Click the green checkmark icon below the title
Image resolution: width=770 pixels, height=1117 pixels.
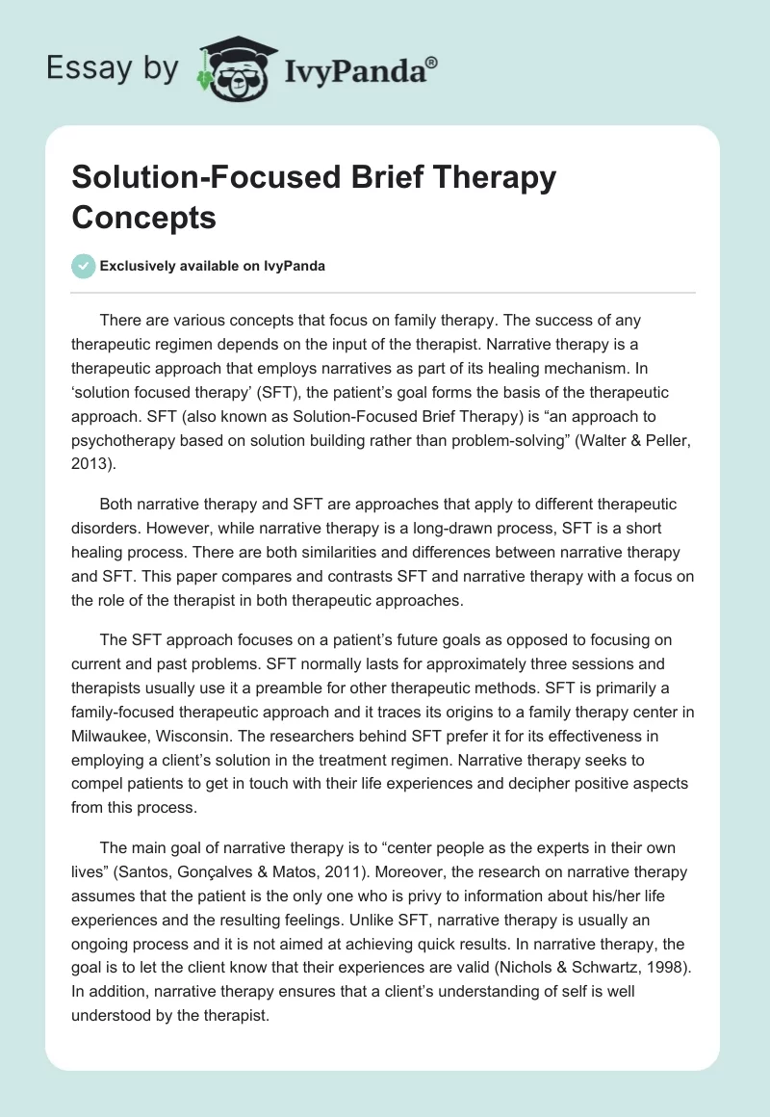click(83, 266)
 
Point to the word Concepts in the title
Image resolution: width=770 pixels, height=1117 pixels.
click(143, 218)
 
